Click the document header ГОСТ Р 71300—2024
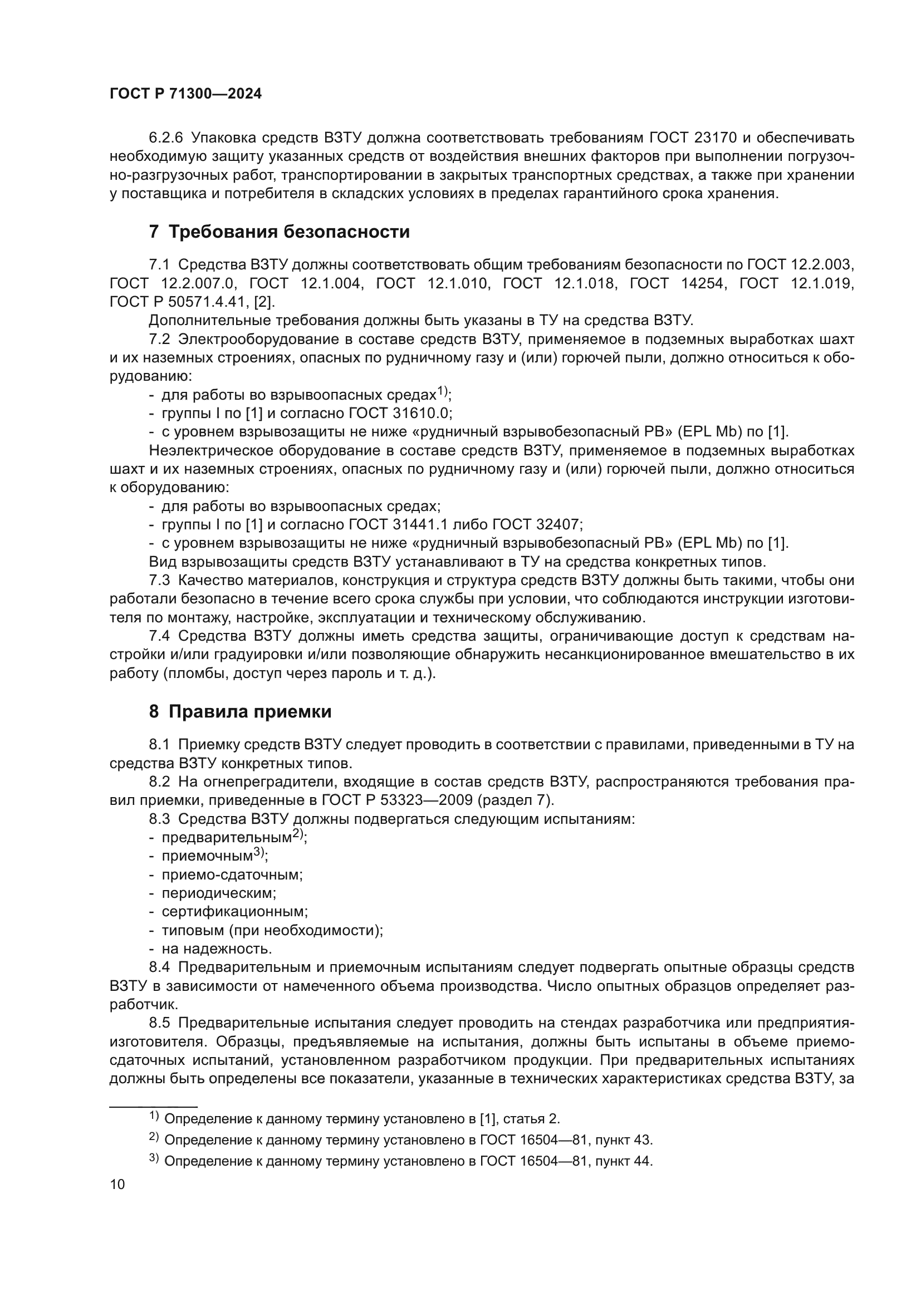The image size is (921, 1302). pyautogui.click(x=185, y=94)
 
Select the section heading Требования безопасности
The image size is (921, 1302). pyautogui.click(x=279, y=232)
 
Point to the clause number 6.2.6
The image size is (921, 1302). pyautogui.click(x=166, y=138)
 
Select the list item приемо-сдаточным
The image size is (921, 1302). pyautogui.click(x=232, y=874)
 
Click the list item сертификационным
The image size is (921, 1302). pyautogui.click(x=234, y=912)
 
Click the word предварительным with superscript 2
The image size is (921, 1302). pyautogui.click(x=226, y=838)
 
